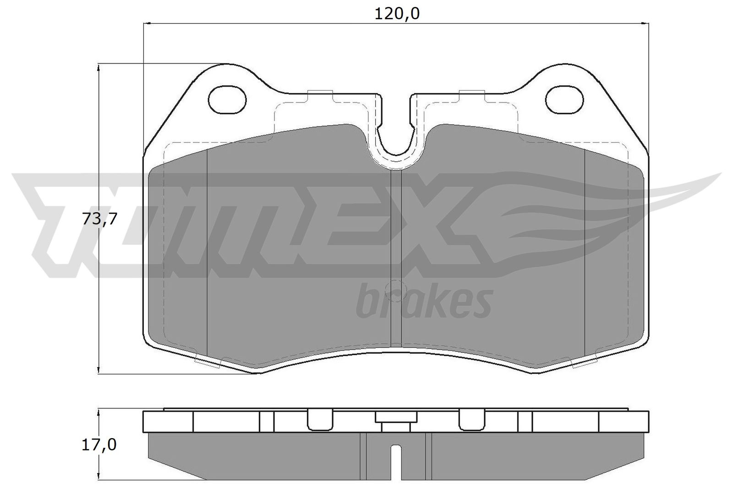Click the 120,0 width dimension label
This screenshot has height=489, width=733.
[397, 14]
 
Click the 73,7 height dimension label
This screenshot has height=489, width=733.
[99, 219]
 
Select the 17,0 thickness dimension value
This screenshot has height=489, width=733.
[99, 444]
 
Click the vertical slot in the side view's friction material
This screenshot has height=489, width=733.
[396, 461]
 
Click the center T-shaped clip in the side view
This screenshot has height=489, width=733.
[396, 419]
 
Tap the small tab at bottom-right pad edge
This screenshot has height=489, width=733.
[585, 361]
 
